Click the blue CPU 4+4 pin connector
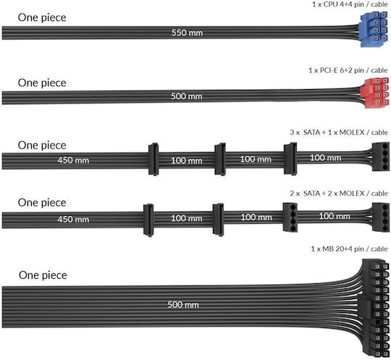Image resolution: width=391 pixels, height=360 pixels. point(374,30)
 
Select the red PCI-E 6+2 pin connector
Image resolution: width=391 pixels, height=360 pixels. point(375,93)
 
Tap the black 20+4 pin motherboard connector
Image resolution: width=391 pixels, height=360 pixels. point(374,309)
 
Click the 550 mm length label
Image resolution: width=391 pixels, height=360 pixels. point(187,33)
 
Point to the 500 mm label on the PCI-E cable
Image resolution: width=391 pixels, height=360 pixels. point(187,96)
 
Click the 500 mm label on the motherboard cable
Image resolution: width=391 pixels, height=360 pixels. point(183,305)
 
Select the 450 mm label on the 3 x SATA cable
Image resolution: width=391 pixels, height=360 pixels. point(73,160)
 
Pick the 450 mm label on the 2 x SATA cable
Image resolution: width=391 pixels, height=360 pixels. point(73,219)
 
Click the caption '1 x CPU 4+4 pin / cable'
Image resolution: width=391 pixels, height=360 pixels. point(350,4)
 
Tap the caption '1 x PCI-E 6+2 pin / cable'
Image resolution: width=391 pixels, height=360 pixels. point(348,70)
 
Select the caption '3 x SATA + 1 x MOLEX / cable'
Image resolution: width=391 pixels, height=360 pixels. point(339,133)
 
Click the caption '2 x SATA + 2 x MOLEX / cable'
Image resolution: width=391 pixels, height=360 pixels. point(339,193)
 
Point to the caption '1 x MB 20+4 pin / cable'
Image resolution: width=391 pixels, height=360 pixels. point(349,248)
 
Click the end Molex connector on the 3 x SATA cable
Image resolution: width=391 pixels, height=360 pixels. point(381,156)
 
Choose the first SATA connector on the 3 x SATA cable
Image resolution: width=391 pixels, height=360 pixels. point(154,159)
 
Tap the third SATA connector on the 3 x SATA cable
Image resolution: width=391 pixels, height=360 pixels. point(290,158)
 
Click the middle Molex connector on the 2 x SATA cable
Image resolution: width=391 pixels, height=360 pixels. point(290,217)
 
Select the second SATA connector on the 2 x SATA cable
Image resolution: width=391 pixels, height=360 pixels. point(218,219)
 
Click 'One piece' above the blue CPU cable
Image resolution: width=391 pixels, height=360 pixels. point(42,17)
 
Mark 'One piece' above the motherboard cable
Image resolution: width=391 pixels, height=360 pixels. point(43,275)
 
